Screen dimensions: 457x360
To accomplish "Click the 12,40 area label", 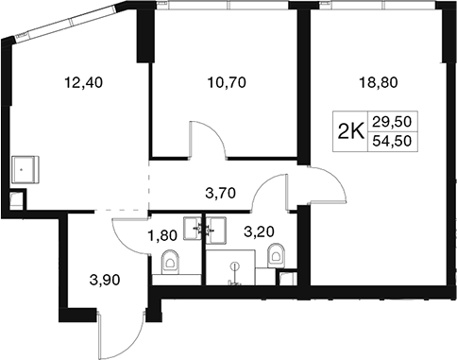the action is tap(83, 82).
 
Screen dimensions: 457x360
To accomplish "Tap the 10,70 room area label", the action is tap(227, 82).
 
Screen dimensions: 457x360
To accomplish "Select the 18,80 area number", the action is tap(379, 82).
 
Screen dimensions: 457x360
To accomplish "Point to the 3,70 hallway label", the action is tap(220, 193).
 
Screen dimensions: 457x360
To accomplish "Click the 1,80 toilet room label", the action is tap(162, 235).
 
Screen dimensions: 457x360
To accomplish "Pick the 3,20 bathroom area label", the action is tap(259, 231).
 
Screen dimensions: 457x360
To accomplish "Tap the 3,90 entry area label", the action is tap(105, 280).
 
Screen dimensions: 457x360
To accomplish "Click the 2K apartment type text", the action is tap(350, 131).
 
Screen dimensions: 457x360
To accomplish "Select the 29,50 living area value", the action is tap(392, 121).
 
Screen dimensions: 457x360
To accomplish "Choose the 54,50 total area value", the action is tap(392, 142).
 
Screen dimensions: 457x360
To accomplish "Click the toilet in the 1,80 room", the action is tap(170, 262).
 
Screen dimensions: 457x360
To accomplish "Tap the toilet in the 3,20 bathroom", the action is tap(276, 256).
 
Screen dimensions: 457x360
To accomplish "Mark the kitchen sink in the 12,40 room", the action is tap(25, 170).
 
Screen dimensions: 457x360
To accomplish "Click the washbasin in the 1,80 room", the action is tap(193, 229).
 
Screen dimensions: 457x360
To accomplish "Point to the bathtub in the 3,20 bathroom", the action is tap(230, 267).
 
